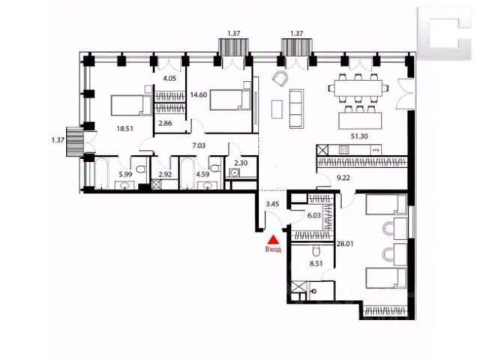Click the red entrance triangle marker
coord(274,239)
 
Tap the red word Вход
coord(273,250)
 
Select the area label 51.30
coord(359,136)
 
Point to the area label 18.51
coord(125,129)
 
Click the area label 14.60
coord(198,95)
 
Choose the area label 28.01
coord(345,244)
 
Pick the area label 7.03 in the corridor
coord(199,145)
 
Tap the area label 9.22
coord(343,177)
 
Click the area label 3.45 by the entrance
coord(272,204)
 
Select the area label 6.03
coord(314,216)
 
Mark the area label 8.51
coord(316,263)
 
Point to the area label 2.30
coord(241,163)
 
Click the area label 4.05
coord(169,78)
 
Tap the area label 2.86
coord(165,123)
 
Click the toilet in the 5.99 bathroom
coord(141,168)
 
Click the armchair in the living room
coord(280,79)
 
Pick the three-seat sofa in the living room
coord(296,109)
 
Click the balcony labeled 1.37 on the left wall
coord(75,142)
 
